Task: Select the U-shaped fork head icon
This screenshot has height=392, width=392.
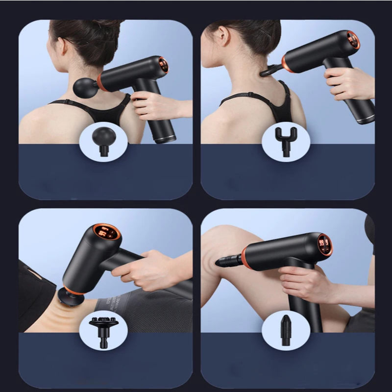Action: click(x=286, y=139)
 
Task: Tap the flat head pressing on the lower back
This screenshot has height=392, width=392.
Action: click(x=69, y=296)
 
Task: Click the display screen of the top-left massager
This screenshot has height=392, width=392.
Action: click(x=164, y=65)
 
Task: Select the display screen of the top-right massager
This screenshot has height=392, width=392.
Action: click(x=353, y=40)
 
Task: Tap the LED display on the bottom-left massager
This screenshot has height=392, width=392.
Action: click(x=107, y=231)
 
